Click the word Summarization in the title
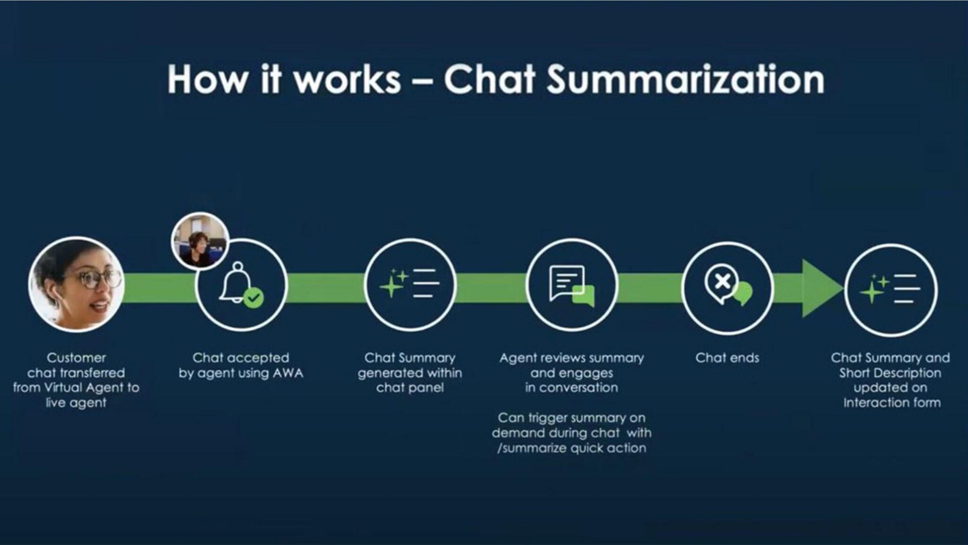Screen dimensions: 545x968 click(685, 79)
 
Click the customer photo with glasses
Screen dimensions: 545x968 click(76, 284)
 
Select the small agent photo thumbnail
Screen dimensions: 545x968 click(200, 240)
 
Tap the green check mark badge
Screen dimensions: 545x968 click(254, 298)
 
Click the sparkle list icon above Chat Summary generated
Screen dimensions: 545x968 click(409, 284)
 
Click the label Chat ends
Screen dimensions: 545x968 click(727, 358)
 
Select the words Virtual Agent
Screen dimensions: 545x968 click(85, 388)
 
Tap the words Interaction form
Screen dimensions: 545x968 click(891, 403)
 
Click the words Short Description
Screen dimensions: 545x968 click(890, 373)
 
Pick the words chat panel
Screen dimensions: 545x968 click(410, 388)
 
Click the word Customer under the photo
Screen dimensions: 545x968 click(76, 358)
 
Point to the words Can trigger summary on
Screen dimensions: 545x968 click(571, 418)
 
